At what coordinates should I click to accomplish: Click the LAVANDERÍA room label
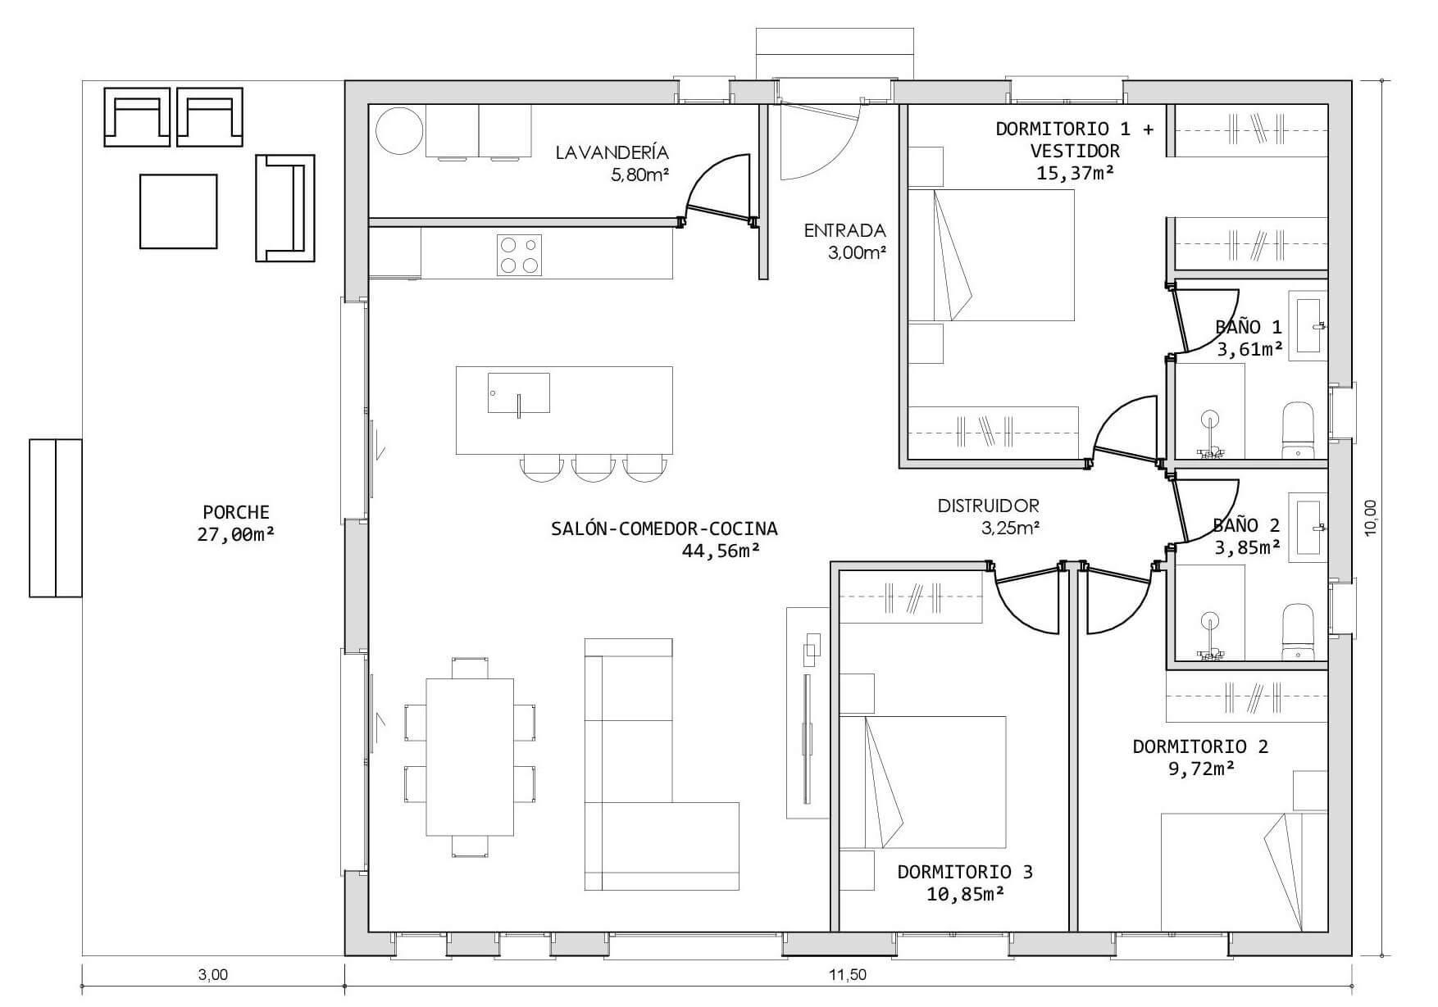coord(612,152)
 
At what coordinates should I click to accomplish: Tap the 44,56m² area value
coord(721,551)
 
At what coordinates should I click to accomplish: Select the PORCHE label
coord(236,513)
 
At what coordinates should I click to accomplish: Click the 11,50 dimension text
coord(847,975)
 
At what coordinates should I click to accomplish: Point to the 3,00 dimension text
coord(213,975)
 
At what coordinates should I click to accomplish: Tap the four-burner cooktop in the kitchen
coord(519,255)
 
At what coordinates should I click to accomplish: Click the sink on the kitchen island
coord(519,393)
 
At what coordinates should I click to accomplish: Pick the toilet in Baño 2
coord(1298,632)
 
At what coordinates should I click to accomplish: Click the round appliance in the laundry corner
coord(400,129)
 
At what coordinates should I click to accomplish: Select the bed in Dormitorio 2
coord(1245,873)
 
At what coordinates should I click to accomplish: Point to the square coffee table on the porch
coord(179,211)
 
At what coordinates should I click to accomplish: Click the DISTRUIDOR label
coord(989,506)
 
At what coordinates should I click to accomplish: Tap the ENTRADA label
coord(845,231)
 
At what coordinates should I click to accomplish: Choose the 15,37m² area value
coord(1075,172)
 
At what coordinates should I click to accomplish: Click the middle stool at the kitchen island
coord(594,468)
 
